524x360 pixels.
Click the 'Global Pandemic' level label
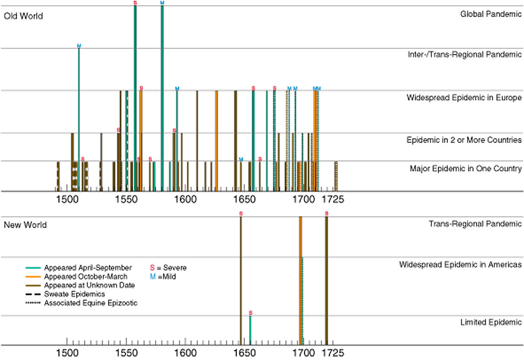pos(491,14)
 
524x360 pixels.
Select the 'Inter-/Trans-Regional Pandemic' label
pos(465,55)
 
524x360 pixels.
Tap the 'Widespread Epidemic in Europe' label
pos(464,98)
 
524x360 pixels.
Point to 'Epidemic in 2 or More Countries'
pos(464,140)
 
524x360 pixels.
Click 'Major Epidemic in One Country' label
pos(465,168)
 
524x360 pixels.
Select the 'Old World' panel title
pos(23,16)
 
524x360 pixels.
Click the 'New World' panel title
pos(25,225)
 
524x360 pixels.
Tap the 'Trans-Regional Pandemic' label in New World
pos(475,223)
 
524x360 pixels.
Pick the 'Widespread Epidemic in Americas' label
pos(460,265)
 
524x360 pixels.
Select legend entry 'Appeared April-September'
pos(88,268)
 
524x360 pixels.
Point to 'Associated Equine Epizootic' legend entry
pos(91,303)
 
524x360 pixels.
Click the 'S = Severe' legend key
pos(168,268)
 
